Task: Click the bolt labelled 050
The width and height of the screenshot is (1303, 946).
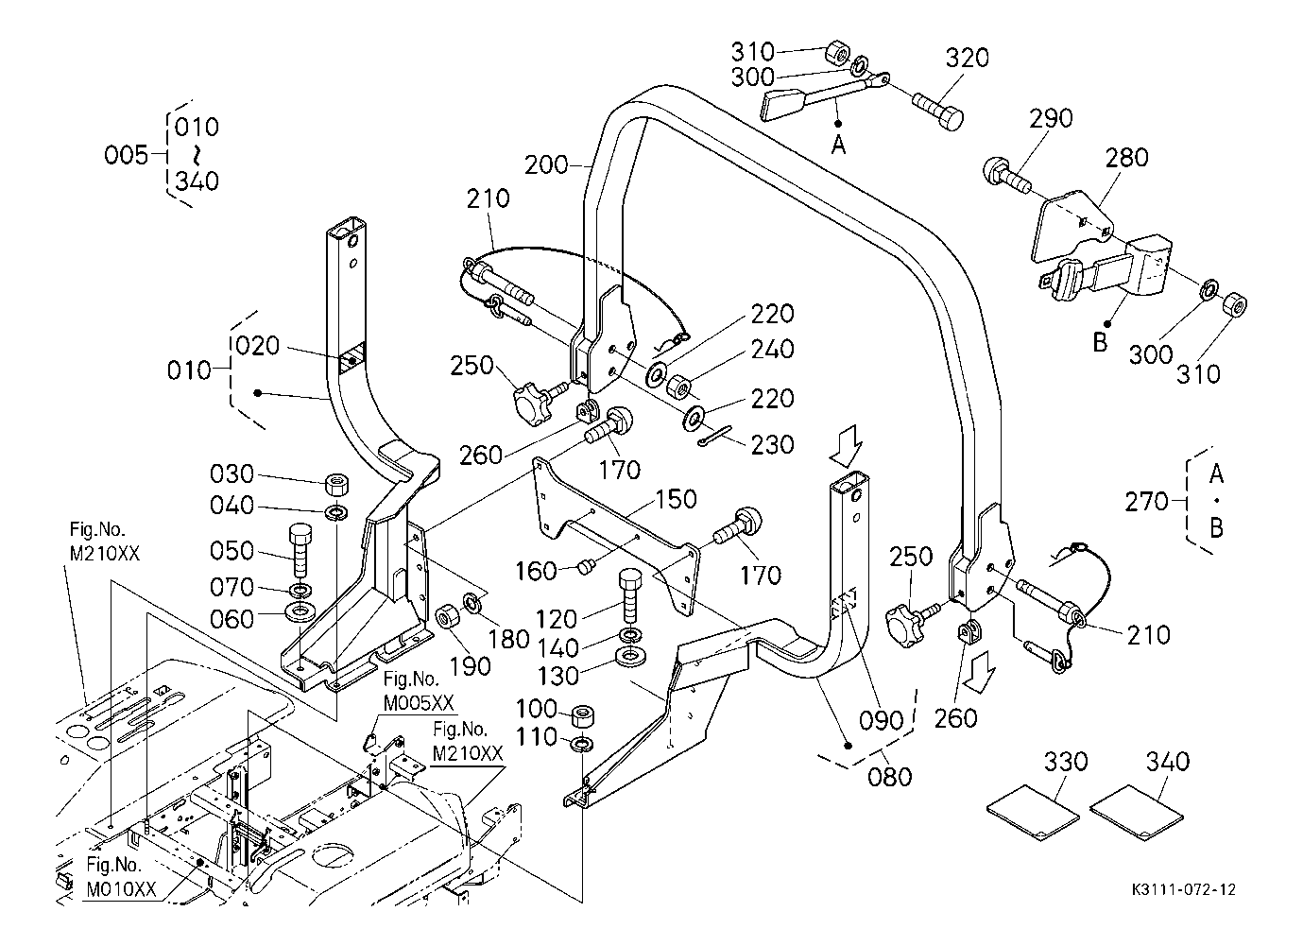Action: [300, 549]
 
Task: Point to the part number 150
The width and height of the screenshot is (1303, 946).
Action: [676, 499]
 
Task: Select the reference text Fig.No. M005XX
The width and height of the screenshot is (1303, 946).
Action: [418, 692]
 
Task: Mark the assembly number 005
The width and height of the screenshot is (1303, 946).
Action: [127, 155]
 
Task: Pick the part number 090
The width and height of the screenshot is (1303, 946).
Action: [883, 720]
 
